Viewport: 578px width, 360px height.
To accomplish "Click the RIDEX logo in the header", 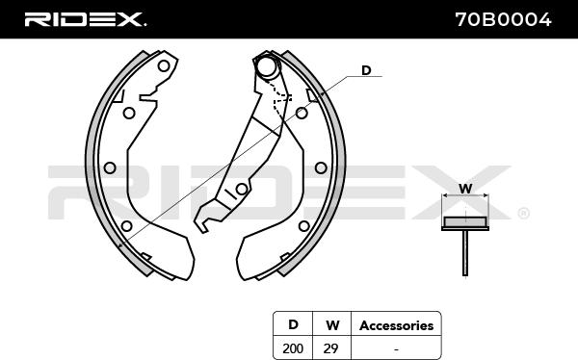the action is coord(85,19).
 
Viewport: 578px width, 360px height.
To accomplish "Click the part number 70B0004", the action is coord(503,19).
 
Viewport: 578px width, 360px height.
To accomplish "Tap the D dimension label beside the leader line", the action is coord(366,70).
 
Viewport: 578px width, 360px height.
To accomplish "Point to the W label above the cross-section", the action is coord(465,189).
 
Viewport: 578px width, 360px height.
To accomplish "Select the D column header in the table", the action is coord(293,324).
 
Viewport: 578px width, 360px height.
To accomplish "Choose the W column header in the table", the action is coord(332,325).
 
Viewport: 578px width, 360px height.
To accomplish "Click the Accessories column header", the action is coord(396,325).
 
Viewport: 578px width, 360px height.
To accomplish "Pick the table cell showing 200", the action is coord(293,348).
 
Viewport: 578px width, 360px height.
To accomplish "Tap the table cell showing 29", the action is coord(331,348).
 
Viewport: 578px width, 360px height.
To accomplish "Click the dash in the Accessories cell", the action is coord(396,348).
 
